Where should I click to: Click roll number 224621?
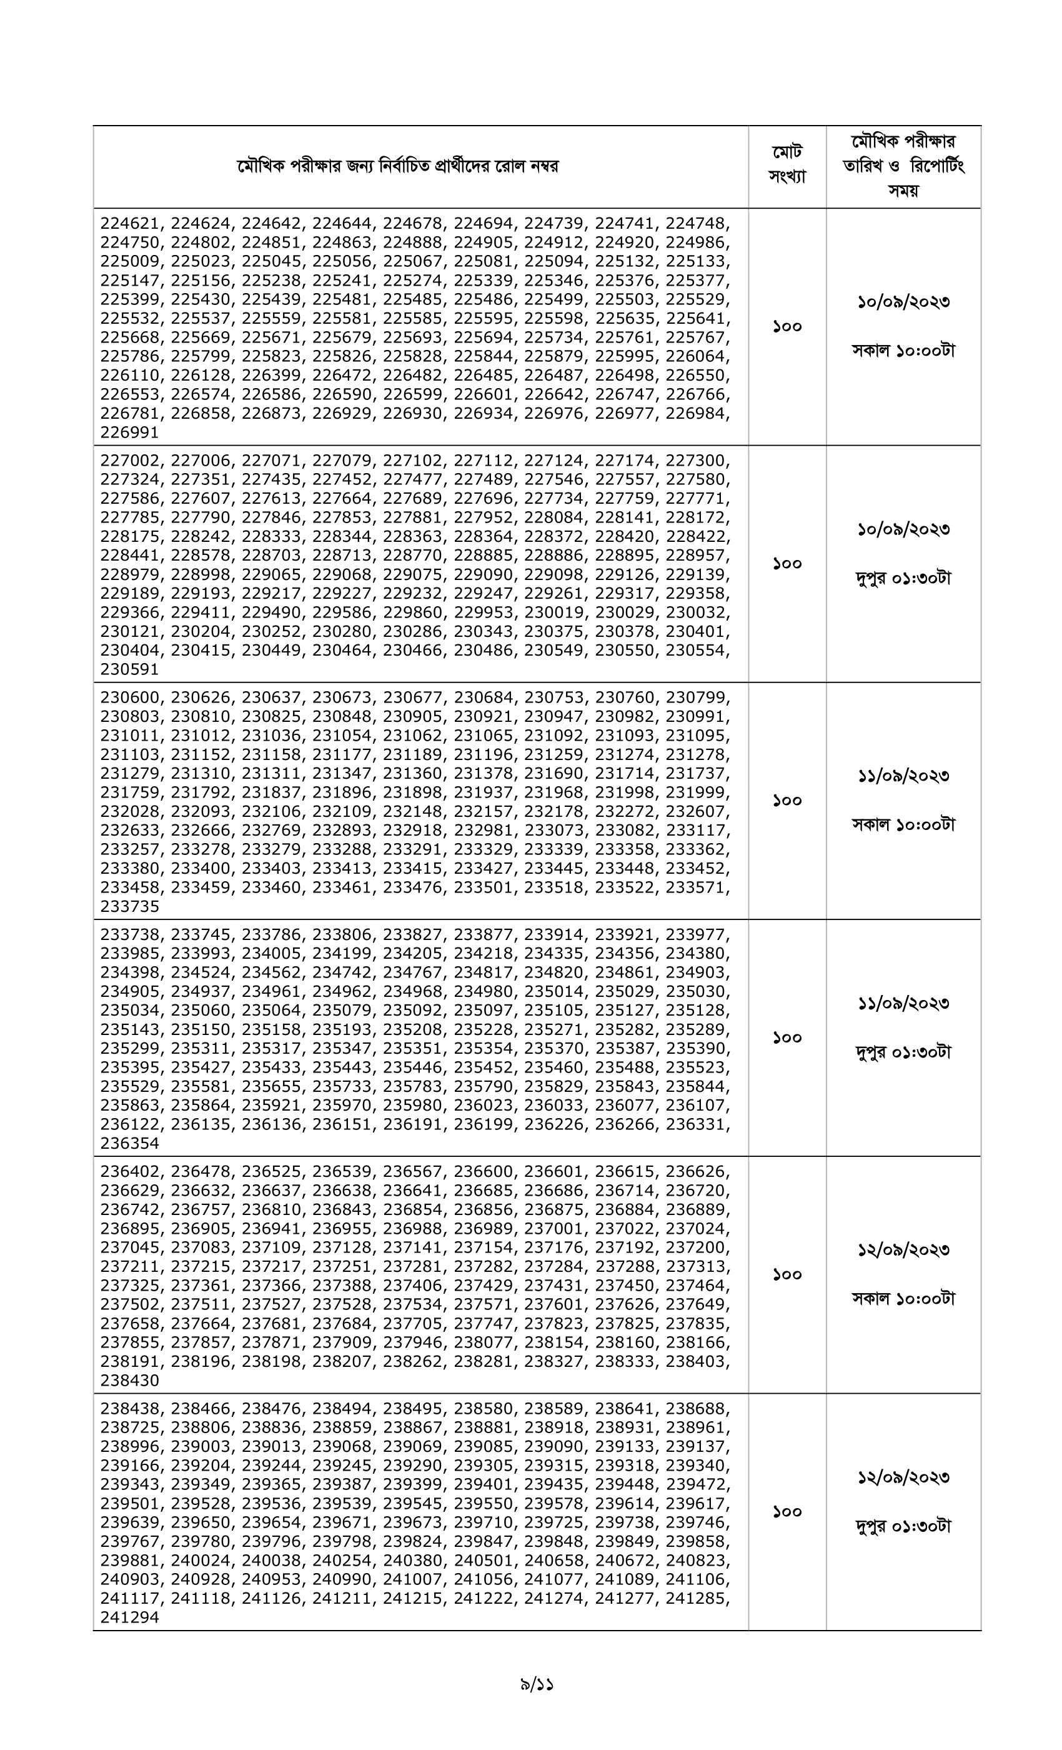pyautogui.click(x=130, y=223)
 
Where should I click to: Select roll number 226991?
pyautogui.click(x=130, y=432)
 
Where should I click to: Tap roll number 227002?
pyautogui.click(x=130, y=460)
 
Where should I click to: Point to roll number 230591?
pyautogui.click(x=130, y=670)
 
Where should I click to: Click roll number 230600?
pyautogui.click(x=130, y=697)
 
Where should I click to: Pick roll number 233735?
pyautogui.click(x=130, y=906)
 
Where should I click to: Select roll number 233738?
pyautogui.click(x=130, y=934)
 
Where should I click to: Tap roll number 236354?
pyautogui.click(x=130, y=1144)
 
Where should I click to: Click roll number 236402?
pyautogui.click(x=130, y=1171)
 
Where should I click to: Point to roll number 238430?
pyautogui.click(x=130, y=1381)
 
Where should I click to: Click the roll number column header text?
pyautogui.click(x=397, y=166)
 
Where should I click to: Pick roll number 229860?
pyautogui.click(x=412, y=612)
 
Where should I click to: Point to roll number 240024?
pyautogui.click(x=200, y=1561)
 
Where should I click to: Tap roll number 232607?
pyautogui.click(x=695, y=812)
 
